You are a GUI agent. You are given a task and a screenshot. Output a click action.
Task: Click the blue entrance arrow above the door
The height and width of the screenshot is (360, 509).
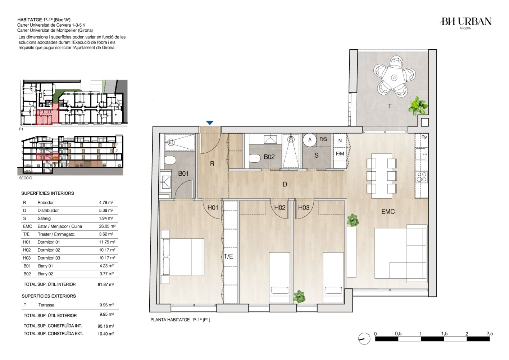point(210,123)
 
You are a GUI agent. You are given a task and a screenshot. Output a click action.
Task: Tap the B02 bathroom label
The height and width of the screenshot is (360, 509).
point(269,157)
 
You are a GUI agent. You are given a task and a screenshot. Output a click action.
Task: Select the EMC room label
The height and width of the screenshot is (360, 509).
point(388,211)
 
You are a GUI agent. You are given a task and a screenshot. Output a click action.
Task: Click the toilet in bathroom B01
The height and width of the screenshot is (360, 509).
point(170,161)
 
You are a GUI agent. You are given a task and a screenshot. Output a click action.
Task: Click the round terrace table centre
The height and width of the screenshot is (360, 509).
point(394,78)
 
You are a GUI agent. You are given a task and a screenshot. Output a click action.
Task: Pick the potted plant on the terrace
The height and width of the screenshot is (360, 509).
point(418,105)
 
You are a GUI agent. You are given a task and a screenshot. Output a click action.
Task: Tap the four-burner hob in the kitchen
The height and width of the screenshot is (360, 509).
point(422,177)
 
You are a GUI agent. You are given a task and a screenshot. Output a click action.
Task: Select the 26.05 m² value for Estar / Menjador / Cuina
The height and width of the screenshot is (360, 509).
point(107,226)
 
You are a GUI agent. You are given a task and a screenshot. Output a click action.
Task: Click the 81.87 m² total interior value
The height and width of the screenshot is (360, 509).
point(106,284)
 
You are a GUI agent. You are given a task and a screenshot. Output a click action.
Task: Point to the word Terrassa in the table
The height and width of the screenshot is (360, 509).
point(46,305)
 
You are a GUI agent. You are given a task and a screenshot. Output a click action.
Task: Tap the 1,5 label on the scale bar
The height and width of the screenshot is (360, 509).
point(445,334)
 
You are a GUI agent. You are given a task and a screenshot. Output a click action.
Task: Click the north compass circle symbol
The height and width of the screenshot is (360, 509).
point(364,339)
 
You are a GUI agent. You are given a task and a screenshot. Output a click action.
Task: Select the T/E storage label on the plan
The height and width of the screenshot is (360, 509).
point(228,257)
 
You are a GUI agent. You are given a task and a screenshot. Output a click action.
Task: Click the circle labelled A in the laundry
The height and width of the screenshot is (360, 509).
point(310,140)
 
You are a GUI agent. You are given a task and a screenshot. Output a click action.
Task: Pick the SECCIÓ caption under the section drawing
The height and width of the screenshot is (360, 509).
point(26,178)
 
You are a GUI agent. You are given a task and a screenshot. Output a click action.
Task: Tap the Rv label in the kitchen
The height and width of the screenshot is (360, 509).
point(424,137)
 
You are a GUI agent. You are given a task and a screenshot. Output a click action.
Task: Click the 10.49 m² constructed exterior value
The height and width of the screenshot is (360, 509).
point(106,334)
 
